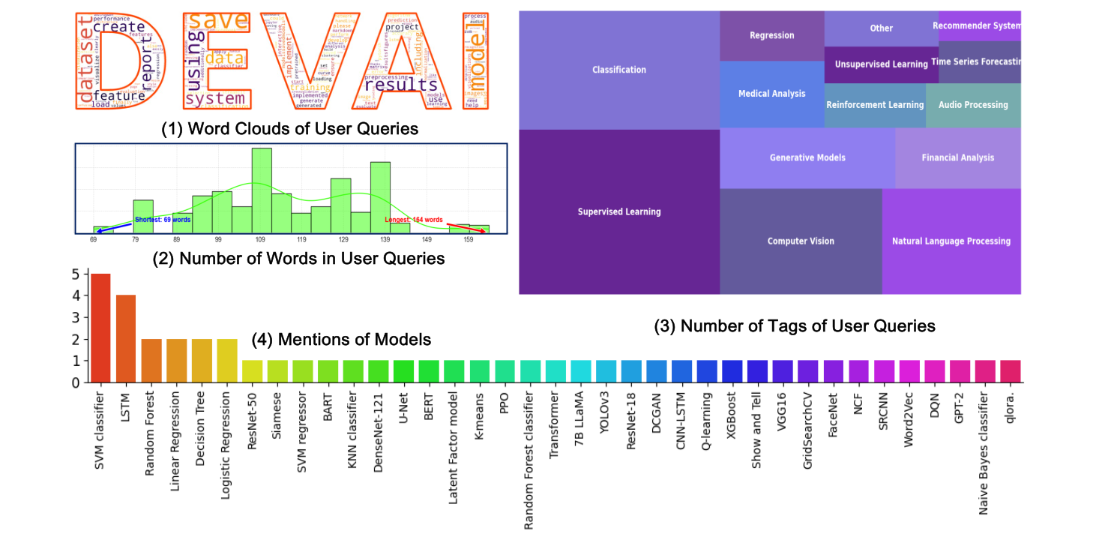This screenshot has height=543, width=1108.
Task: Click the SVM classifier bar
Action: pyautogui.click(x=101, y=328)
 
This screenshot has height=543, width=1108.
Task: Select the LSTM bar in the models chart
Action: pyautogui.click(x=126, y=338)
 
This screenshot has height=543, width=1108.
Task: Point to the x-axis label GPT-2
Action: pyautogui.click(x=958, y=409)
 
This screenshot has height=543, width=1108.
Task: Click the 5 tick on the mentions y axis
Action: pyautogui.click(x=75, y=274)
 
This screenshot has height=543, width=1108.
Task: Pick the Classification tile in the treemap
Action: pyautogui.click(x=619, y=70)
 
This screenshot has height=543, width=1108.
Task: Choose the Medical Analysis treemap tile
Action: pyautogui.click(x=771, y=94)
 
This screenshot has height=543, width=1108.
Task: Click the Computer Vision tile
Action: pyautogui.click(x=801, y=241)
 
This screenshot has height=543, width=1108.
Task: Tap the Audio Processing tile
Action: pyautogui.click(x=973, y=105)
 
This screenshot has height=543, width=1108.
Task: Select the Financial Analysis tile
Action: pyautogui.click(x=958, y=157)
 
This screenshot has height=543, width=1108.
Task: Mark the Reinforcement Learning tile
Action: pyautogui.click(x=875, y=105)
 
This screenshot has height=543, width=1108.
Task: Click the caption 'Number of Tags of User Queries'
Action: pyautogui.click(x=795, y=326)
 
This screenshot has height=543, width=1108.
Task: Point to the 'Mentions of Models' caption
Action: pyautogui.click(x=355, y=340)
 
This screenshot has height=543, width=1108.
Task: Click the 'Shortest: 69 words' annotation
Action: pyautogui.click(x=163, y=220)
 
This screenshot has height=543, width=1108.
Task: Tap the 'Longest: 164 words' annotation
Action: pyautogui.click(x=414, y=220)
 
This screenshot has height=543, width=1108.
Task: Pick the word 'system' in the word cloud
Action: pyautogui.click(x=215, y=98)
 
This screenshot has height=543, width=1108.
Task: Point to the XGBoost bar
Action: pyautogui.click(x=732, y=371)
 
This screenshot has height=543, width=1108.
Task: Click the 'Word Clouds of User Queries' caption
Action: pyautogui.click(x=290, y=129)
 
